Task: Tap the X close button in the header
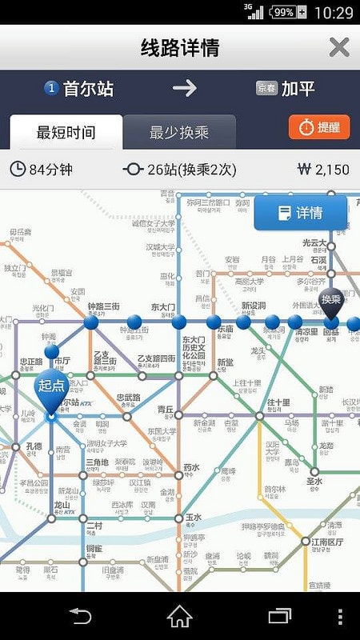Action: point(339,47)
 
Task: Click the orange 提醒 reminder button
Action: point(319,127)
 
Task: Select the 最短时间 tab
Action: point(66,133)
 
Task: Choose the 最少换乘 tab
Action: point(179,133)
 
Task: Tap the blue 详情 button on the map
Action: point(300,213)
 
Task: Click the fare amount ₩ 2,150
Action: point(323,169)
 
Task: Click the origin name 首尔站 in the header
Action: point(88,88)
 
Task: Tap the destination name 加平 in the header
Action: point(298,88)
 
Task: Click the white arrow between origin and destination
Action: point(184,88)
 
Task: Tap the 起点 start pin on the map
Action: point(51,386)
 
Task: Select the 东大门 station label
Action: point(162,306)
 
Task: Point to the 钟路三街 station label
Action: point(103,306)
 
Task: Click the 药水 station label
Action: point(190,467)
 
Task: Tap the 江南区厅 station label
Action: point(322,542)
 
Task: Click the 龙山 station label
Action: point(63,506)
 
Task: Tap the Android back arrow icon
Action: point(80,616)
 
